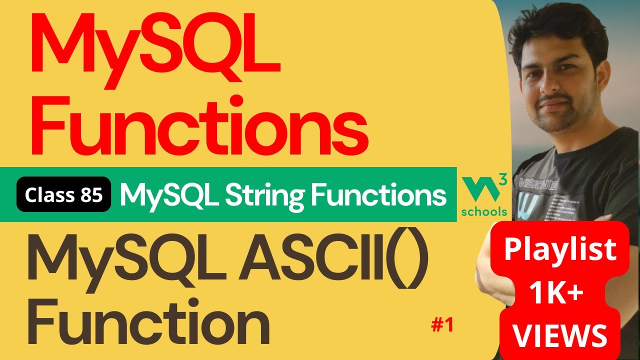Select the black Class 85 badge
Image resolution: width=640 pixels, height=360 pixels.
(x=63, y=194)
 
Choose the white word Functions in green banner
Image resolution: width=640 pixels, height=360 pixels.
(x=378, y=194)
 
